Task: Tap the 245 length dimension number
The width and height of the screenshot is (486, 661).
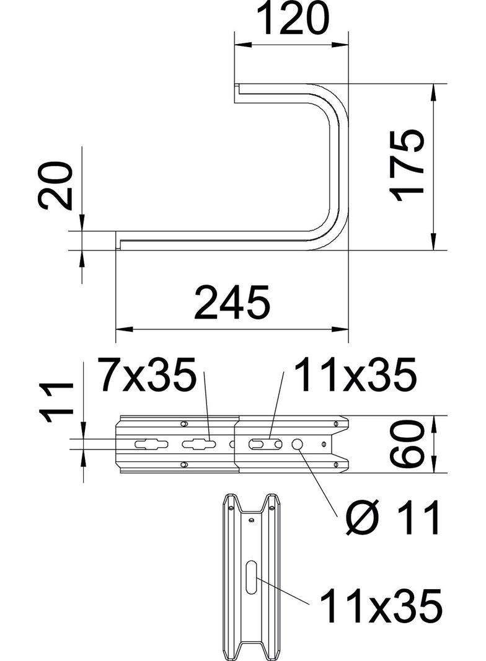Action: pos(232,302)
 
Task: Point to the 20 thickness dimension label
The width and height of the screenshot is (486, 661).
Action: pos(55,185)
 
